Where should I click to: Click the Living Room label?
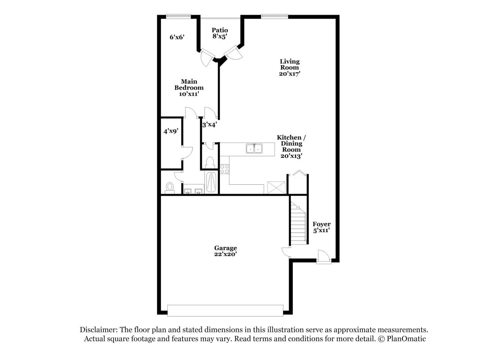click(289, 67)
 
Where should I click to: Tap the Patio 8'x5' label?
click(220, 33)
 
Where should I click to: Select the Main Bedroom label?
click(189, 87)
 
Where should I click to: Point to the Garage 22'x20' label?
click(225, 251)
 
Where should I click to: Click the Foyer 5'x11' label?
click(321, 227)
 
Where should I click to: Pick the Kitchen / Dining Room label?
click(291, 147)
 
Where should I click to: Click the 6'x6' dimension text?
click(177, 37)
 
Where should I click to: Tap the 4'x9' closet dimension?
click(171, 131)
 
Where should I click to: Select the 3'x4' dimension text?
click(209, 125)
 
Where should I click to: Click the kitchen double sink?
click(254, 148)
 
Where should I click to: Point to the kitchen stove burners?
click(225, 169)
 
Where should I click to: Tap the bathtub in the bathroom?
click(211, 183)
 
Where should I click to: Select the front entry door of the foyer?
click(324, 257)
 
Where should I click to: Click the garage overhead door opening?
click(225, 311)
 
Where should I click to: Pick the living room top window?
click(274, 16)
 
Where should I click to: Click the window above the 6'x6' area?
click(178, 16)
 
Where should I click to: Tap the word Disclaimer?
click(98, 330)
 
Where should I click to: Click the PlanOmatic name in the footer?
click(406, 339)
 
